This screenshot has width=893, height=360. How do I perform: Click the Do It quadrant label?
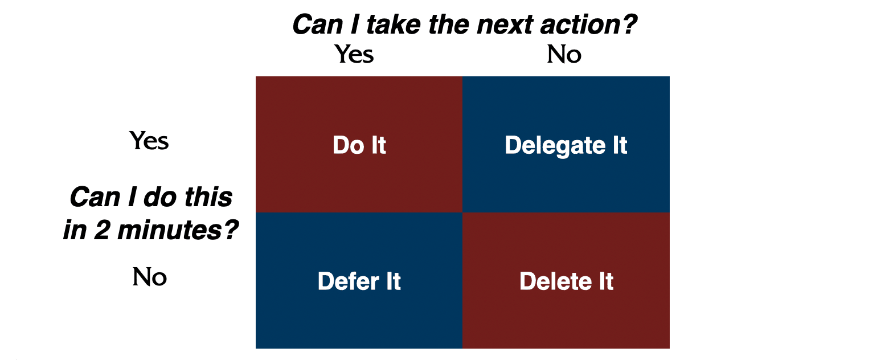pyautogui.click(x=359, y=145)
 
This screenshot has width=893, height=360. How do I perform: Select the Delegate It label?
pyautogui.click(x=566, y=145)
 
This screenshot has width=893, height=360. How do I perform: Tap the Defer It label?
pyautogui.click(x=359, y=281)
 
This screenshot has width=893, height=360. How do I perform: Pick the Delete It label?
pyautogui.click(x=567, y=281)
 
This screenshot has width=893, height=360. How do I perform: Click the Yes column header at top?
pyautogui.click(x=354, y=54)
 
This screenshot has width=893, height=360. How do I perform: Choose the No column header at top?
pyautogui.click(x=564, y=54)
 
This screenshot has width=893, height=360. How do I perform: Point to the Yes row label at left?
pyautogui.click(x=149, y=141)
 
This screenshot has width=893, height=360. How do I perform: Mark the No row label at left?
pyautogui.click(x=149, y=277)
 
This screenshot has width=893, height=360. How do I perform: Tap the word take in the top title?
pyautogui.click(x=394, y=24)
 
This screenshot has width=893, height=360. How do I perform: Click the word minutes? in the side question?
pyautogui.click(x=178, y=230)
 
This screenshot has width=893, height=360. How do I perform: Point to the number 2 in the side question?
pyautogui.click(x=102, y=230)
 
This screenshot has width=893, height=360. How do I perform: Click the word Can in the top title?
pyautogui.click(x=318, y=24)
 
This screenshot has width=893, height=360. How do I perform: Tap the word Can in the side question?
pyautogui.click(x=95, y=197)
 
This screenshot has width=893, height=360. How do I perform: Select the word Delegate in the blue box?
pyautogui.click(x=555, y=145)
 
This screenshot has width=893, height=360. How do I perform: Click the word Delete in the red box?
pyautogui.click(x=556, y=281)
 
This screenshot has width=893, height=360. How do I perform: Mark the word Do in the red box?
pyautogui.click(x=349, y=145)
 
